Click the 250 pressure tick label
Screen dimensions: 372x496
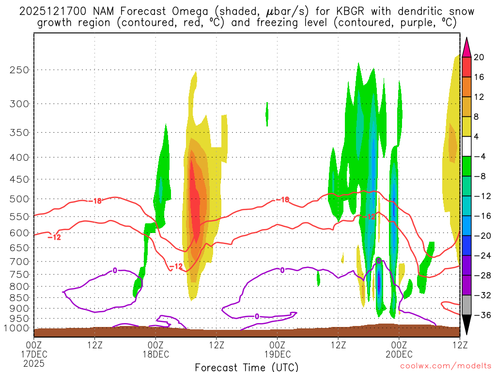coord(19,70)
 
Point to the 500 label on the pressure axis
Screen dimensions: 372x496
coord(19,199)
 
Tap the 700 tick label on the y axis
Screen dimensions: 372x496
coord(19,262)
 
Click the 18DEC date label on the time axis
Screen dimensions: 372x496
coord(155,354)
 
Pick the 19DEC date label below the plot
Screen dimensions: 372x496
coord(277,354)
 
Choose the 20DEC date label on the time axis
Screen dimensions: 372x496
coord(399,354)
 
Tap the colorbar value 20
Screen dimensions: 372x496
coord(479,57)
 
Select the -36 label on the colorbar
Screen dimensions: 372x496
coord(480,315)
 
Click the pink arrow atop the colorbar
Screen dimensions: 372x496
coord(467,47)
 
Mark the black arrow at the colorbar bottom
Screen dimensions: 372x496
coord(467,325)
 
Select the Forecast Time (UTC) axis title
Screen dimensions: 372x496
coord(247,367)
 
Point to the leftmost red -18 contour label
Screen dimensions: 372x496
coord(97,201)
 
